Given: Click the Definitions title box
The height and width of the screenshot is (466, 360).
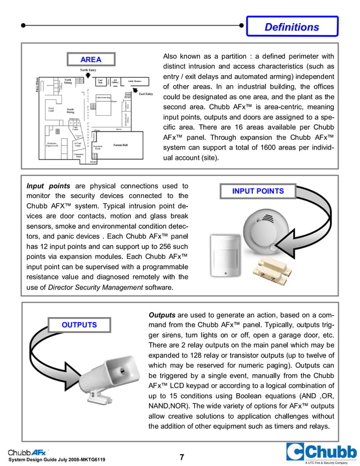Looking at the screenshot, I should click(292, 27).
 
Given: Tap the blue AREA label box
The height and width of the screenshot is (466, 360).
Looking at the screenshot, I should click(91, 59).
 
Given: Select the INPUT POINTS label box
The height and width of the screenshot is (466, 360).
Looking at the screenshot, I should click(258, 191).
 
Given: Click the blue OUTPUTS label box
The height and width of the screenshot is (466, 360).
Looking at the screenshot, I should click(79, 325).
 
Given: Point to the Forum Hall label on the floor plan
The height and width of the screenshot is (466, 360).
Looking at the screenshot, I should click(120, 145).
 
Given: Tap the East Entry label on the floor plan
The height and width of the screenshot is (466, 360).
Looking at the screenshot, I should click(146, 94).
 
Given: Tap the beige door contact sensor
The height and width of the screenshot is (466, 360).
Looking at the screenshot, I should click(275, 272).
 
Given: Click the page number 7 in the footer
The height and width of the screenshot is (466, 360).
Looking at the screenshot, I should click(182, 457).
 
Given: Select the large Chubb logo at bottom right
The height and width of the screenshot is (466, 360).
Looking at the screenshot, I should click(321, 452).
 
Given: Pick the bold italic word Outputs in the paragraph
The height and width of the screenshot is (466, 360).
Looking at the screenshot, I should click(162, 314).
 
